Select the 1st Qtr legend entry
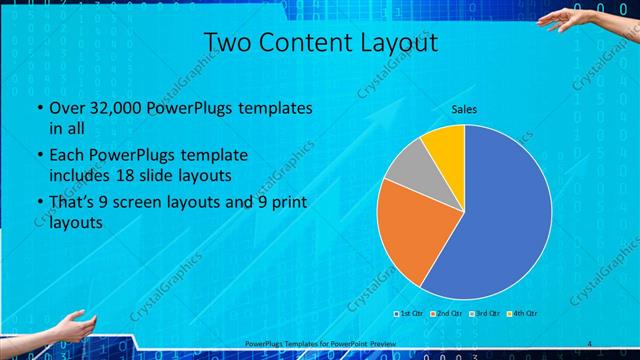click(x=410, y=314)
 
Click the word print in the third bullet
click(x=286, y=203)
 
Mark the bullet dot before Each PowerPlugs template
click(x=39, y=156)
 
